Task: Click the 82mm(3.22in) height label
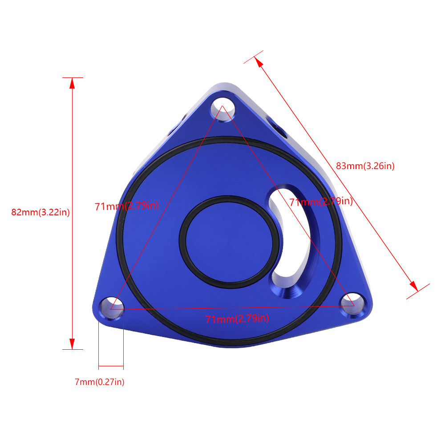click(x=40, y=212)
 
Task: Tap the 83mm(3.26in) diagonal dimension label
click(x=365, y=166)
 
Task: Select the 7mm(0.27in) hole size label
click(x=99, y=382)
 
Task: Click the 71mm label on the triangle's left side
click(x=126, y=206)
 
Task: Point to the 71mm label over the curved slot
click(x=321, y=202)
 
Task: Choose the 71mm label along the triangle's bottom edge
click(x=237, y=319)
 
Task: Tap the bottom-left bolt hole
click(x=110, y=307)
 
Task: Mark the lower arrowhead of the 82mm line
click(x=72, y=344)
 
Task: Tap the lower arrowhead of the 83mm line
click(x=413, y=286)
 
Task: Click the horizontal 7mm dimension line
click(x=111, y=366)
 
